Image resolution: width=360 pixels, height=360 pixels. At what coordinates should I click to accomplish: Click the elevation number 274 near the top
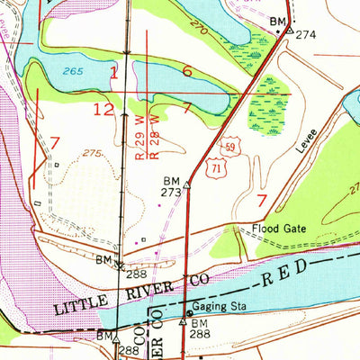pyautogui.click(x=307, y=34)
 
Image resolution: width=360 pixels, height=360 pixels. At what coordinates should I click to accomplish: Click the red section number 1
pyautogui.click(x=113, y=71)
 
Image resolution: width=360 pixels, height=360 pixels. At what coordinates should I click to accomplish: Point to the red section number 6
pyautogui.click(x=187, y=71)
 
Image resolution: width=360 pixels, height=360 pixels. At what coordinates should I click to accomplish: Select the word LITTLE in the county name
pyautogui.click(x=84, y=306)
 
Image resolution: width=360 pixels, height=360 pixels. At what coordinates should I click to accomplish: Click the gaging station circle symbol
pyautogui.click(x=188, y=314)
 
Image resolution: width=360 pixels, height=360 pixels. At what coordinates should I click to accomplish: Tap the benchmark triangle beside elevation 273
pyautogui.click(x=187, y=184)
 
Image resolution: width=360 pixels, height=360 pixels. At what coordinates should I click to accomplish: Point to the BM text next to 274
pyautogui.click(x=278, y=20)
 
